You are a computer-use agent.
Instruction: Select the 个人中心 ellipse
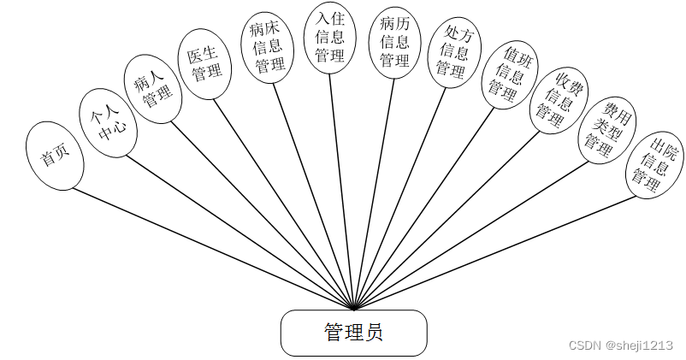(106, 123)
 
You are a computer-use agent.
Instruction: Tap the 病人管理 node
(152, 89)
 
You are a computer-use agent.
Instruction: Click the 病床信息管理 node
(268, 47)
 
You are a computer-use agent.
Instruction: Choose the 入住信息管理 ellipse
(330, 38)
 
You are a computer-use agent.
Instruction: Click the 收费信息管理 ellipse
(559, 101)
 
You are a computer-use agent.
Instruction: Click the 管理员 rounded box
(353, 333)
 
